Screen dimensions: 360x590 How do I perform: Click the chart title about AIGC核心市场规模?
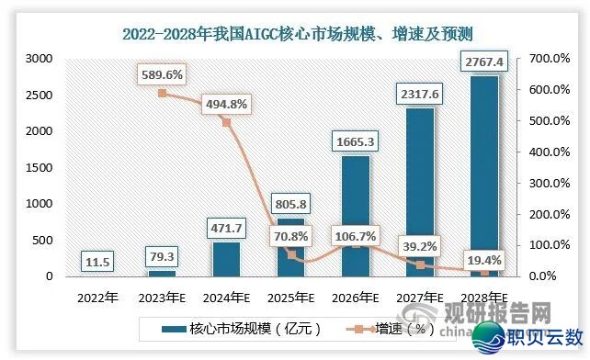click(295, 35)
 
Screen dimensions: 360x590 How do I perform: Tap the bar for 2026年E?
click(356, 217)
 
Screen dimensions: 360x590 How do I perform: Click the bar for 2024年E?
click(226, 259)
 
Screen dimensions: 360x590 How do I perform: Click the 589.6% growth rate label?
click(163, 73)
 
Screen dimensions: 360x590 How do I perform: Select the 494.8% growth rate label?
click(226, 103)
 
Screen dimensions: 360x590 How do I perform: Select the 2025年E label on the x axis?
click(291, 298)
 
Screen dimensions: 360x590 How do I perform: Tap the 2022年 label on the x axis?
click(97, 298)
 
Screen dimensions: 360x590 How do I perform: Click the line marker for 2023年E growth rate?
click(163, 93)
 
